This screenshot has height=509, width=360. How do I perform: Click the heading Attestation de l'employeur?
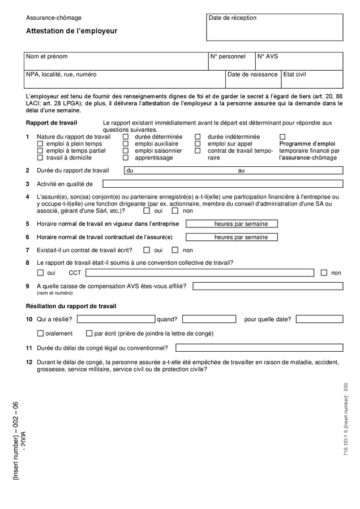click(x=71, y=31)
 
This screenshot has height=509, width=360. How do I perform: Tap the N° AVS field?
click(x=299, y=61)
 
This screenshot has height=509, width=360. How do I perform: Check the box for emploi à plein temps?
click(x=40, y=144)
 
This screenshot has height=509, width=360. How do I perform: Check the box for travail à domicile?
click(x=40, y=158)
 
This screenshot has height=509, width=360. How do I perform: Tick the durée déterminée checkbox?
click(x=126, y=137)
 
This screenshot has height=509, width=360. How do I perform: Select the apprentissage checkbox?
click(x=126, y=158)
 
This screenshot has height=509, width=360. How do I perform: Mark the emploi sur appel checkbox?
click(x=198, y=144)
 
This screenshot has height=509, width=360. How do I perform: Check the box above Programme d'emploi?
click(x=282, y=137)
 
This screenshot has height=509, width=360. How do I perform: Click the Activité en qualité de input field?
click(x=222, y=184)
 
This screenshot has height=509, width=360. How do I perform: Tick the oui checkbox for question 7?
click(x=147, y=250)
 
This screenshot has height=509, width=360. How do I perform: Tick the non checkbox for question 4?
click(x=175, y=211)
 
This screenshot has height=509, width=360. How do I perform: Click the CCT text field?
click(x=199, y=273)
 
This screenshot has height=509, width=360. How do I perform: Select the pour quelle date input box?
click(x=319, y=319)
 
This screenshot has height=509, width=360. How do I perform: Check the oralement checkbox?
click(x=40, y=334)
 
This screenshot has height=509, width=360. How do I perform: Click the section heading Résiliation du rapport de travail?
click(x=71, y=306)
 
